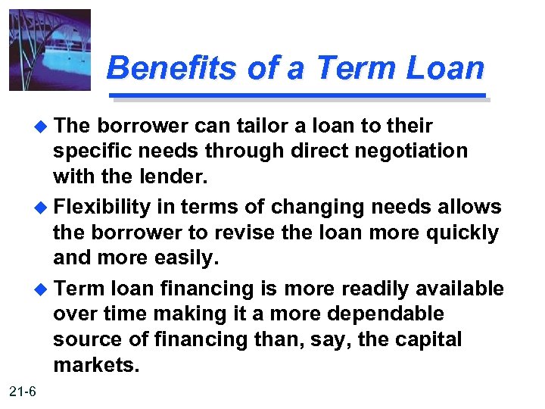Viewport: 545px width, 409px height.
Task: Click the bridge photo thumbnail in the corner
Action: point(50,50)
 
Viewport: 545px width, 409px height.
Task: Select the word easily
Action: point(183,258)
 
